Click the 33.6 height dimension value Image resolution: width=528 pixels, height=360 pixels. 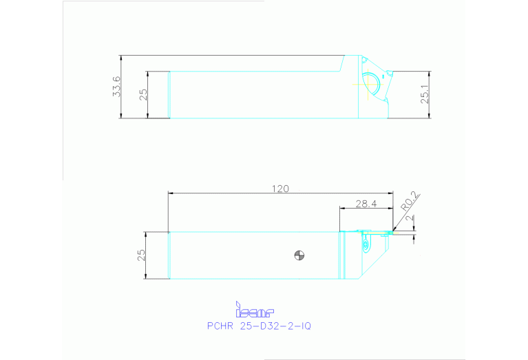pyautogui.click(x=117, y=87)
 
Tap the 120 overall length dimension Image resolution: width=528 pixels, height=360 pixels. pyautogui.click(x=280, y=188)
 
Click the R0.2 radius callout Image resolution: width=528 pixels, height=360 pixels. pyautogui.click(x=408, y=204)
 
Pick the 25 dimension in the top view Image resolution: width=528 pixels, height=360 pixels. pyautogui.click(x=144, y=94)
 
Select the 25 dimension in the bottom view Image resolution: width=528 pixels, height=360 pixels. pyautogui.click(x=141, y=255)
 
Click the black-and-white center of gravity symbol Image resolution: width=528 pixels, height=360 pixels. pyautogui.click(x=299, y=255)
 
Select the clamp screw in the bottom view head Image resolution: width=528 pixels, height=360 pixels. pyautogui.click(x=365, y=243)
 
